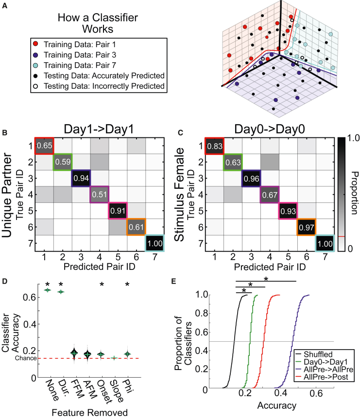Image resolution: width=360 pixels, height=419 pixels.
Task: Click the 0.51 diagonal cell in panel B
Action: [x=100, y=195]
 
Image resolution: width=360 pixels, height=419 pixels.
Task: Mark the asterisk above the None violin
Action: [x=47, y=284]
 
